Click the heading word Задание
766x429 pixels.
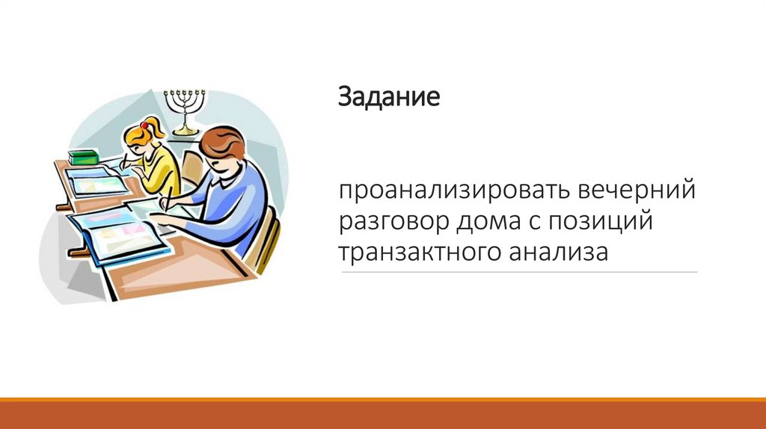388,98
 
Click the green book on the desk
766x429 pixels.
83,156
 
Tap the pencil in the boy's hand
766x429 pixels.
169,197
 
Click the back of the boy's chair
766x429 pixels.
266,239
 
